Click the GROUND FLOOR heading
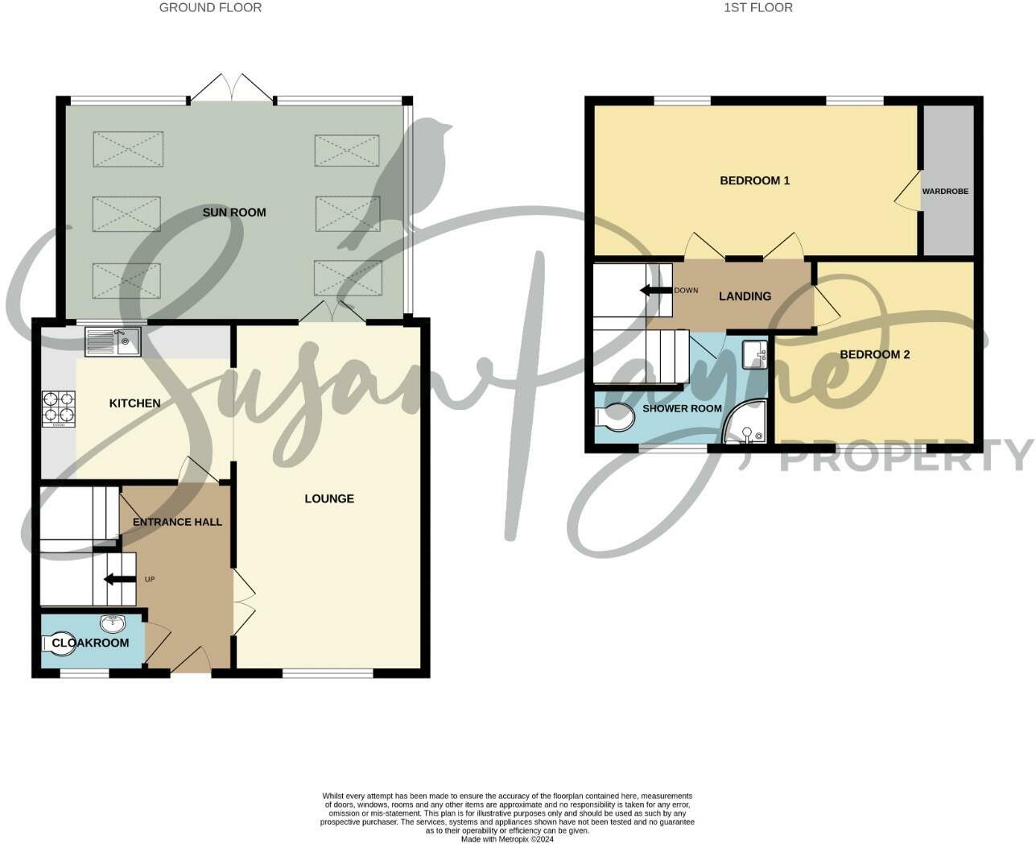210,8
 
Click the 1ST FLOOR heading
758,8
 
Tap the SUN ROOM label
234,213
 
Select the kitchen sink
112,341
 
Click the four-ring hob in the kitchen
59,408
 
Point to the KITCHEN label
135,403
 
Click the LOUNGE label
329,499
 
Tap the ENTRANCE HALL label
177,522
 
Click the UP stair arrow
119,579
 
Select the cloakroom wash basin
111,624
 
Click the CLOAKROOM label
90,643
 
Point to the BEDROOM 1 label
754,180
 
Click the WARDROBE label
945,192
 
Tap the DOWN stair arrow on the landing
656,290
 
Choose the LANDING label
745,296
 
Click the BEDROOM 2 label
875,354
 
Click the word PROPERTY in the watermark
906,456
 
